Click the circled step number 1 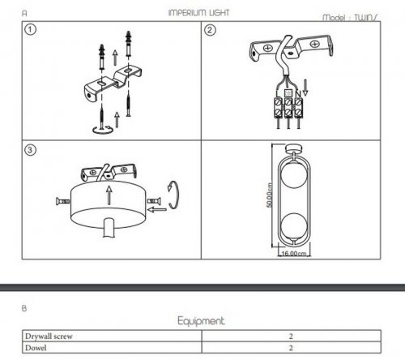(x=30, y=29)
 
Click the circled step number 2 (x=210, y=30)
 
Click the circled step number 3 (x=30, y=150)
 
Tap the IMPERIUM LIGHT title (x=198, y=12)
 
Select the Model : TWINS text (x=350, y=18)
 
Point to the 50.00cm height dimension (x=269, y=195)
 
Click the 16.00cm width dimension (x=294, y=254)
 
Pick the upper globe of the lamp (x=293, y=174)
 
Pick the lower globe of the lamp (x=293, y=225)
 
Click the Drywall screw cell (x=49, y=336)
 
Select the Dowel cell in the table (x=36, y=348)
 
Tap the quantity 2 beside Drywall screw (x=291, y=336)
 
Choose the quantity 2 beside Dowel (x=291, y=348)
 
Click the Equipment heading (x=201, y=321)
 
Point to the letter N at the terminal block (x=298, y=93)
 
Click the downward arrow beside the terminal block (x=305, y=88)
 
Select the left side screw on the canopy (x=62, y=201)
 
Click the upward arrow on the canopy (x=109, y=195)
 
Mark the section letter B (x=24, y=308)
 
